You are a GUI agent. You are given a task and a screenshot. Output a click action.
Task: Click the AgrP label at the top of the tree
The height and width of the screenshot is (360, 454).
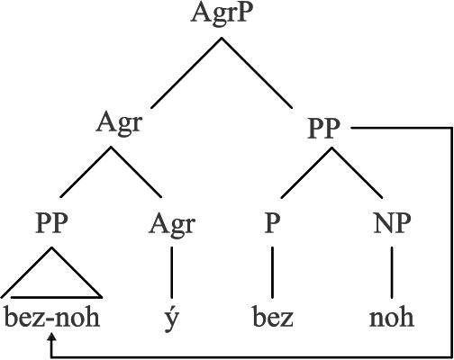(x=220, y=14)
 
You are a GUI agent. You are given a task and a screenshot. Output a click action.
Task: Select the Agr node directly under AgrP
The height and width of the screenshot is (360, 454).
(x=119, y=123)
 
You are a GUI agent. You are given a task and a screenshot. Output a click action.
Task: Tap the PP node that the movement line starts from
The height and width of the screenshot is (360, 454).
(x=323, y=128)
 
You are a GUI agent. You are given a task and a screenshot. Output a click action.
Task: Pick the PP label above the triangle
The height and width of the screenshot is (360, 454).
(x=51, y=223)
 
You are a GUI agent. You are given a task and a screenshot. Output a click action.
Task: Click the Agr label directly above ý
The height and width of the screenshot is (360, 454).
(x=172, y=225)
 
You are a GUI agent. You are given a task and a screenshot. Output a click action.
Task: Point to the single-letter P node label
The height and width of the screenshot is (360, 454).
(x=272, y=223)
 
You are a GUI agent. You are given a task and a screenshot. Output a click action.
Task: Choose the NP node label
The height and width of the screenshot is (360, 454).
(x=392, y=223)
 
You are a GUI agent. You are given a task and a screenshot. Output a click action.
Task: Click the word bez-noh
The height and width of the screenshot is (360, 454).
(x=52, y=318)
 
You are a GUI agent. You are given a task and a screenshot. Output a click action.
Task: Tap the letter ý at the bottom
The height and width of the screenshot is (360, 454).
(x=172, y=319)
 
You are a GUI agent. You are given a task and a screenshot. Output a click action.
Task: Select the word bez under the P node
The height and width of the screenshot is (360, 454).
(x=273, y=318)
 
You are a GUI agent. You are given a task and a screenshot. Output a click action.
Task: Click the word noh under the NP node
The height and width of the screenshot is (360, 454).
(x=392, y=318)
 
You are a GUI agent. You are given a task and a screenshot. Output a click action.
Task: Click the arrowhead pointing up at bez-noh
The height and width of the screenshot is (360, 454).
(x=52, y=337)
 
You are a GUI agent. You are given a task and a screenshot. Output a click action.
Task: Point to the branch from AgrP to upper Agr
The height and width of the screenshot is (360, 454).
(x=186, y=73)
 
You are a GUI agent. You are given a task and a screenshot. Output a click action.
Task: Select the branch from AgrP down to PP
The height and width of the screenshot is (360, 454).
(x=257, y=73)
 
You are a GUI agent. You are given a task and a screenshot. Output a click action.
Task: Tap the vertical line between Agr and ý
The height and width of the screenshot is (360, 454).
(x=172, y=273)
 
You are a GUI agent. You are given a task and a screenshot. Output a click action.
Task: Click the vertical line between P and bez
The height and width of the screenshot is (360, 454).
(x=272, y=273)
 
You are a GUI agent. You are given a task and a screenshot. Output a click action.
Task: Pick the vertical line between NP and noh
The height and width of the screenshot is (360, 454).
(x=392, y=273)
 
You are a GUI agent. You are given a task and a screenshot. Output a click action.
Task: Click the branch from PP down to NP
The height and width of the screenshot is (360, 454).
(x=357, y=173)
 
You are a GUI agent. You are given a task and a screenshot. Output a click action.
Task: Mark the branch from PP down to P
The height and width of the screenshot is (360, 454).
(x=306, y=173)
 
